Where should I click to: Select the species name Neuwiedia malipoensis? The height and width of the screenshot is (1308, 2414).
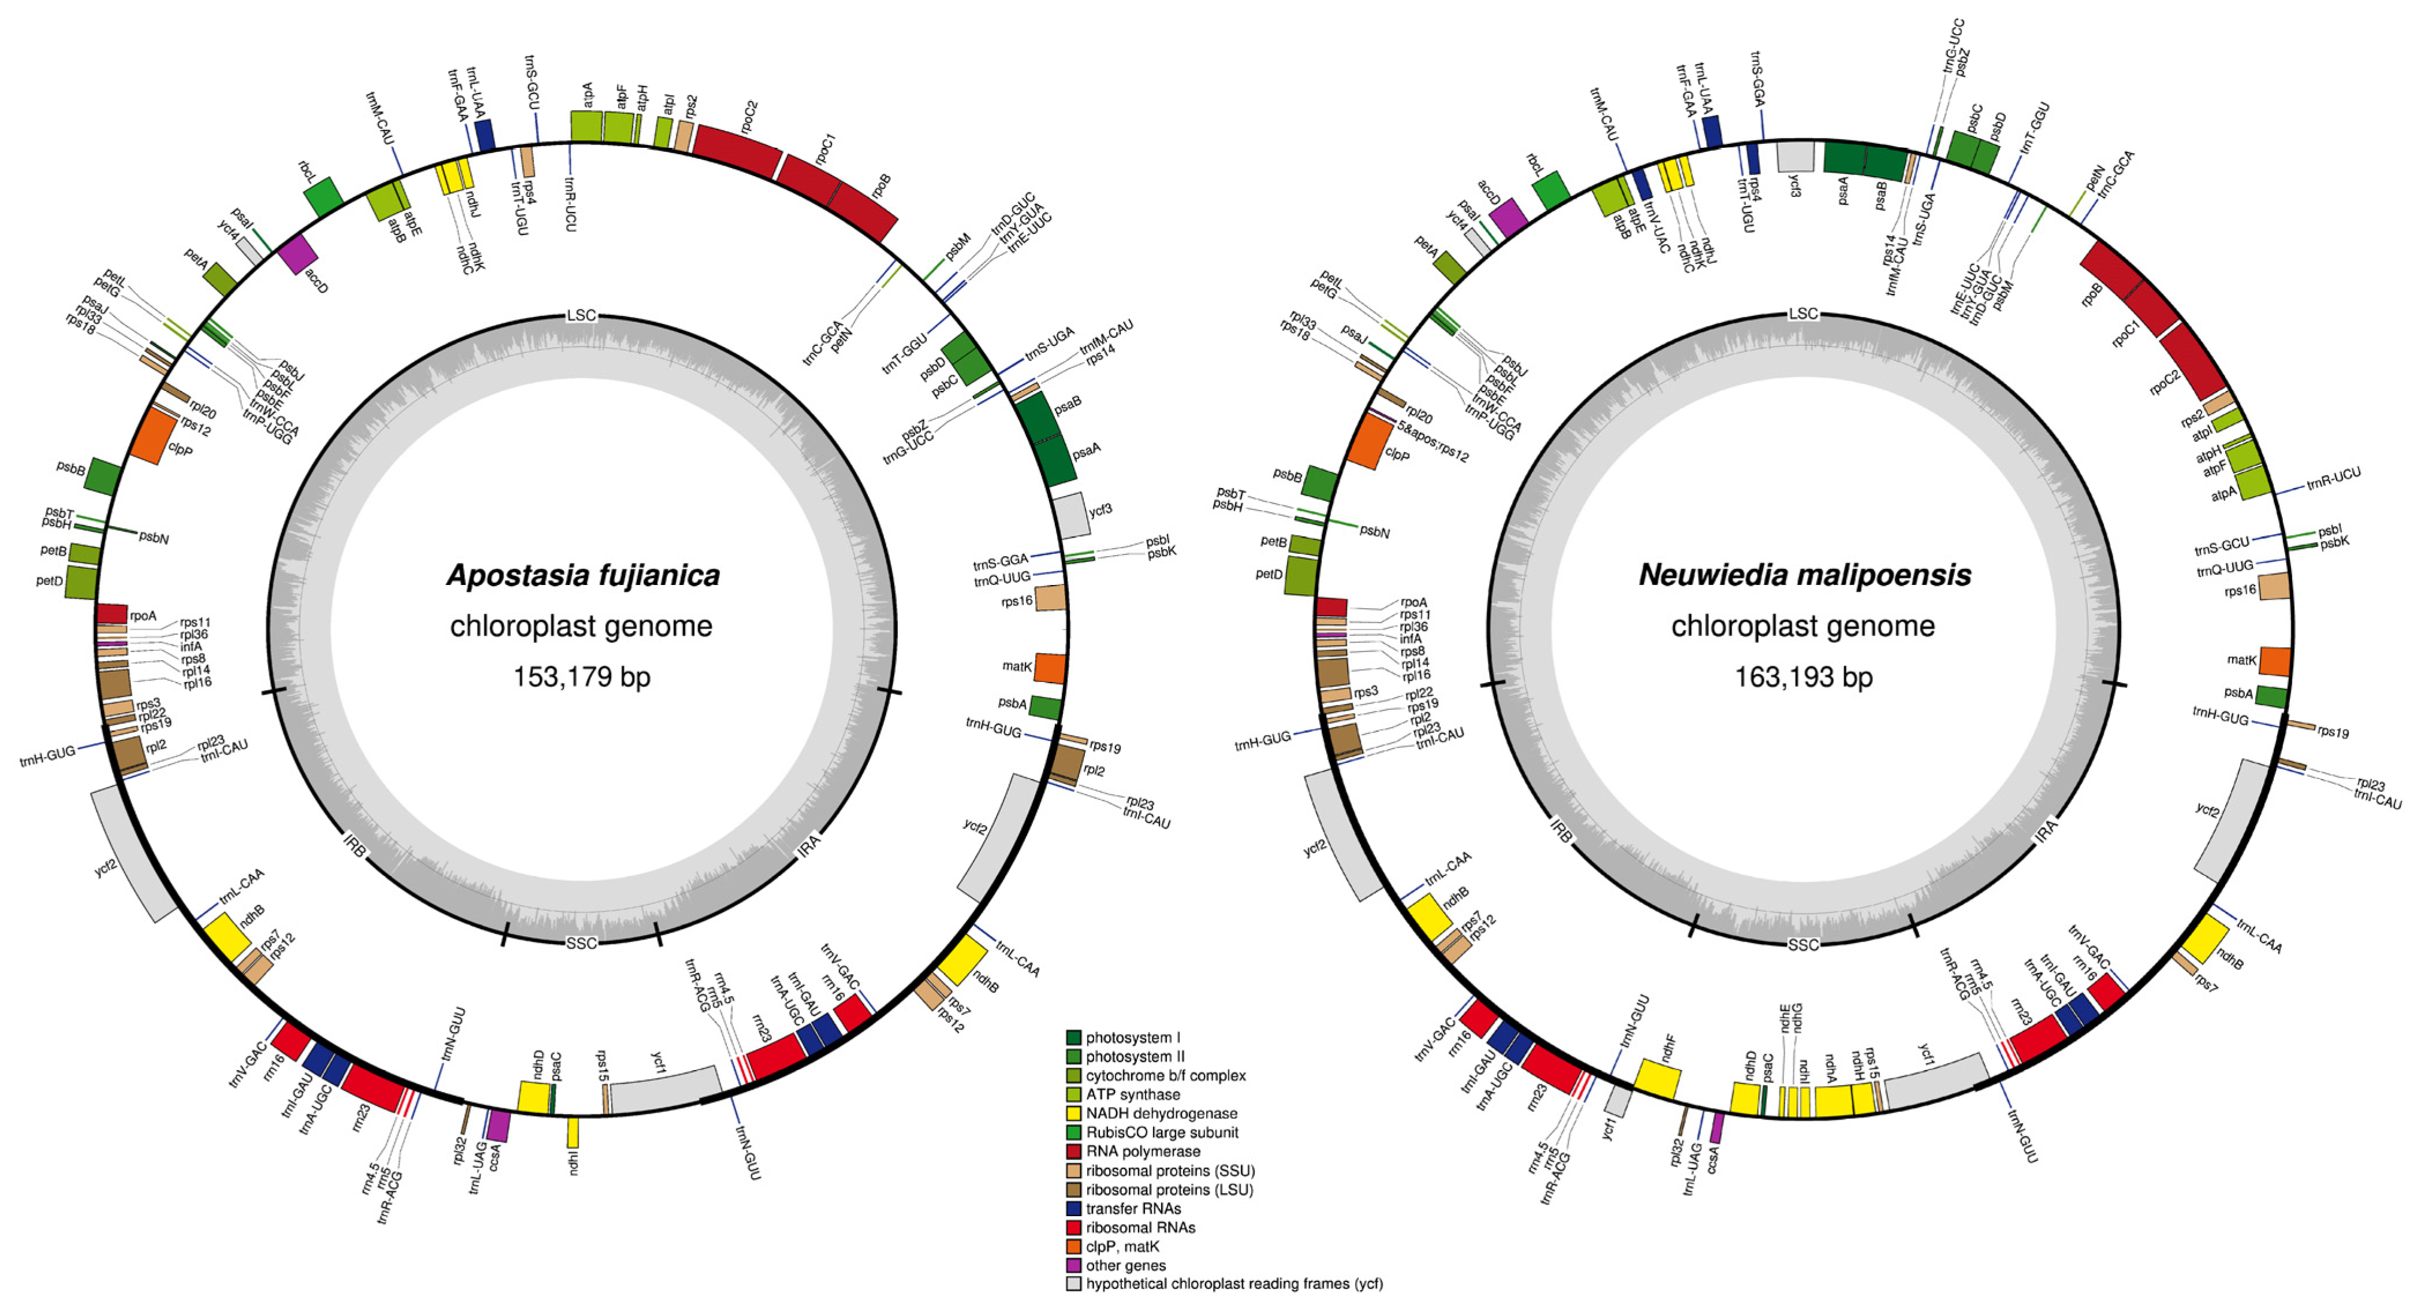click(1804, 575)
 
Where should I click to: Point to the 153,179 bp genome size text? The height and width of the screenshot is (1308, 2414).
click(581, 676)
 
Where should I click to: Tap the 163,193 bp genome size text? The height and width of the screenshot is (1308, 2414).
click(1803, 676)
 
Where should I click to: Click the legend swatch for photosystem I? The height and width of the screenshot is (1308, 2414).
click(1074, 1037)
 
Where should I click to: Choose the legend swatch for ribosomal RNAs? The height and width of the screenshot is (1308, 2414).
click(1074, 1227)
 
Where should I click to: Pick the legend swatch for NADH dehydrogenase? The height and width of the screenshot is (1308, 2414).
click(1074, 1113)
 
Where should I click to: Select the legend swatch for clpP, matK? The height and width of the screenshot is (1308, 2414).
click(1074, 1246)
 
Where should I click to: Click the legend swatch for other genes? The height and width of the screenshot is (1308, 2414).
click(1074, 1265)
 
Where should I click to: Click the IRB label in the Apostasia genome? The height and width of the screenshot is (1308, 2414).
click(355, 845)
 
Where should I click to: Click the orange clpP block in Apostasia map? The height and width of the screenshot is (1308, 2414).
click(152, 438)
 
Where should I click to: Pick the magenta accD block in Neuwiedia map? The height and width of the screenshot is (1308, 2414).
click(1508, 217)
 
